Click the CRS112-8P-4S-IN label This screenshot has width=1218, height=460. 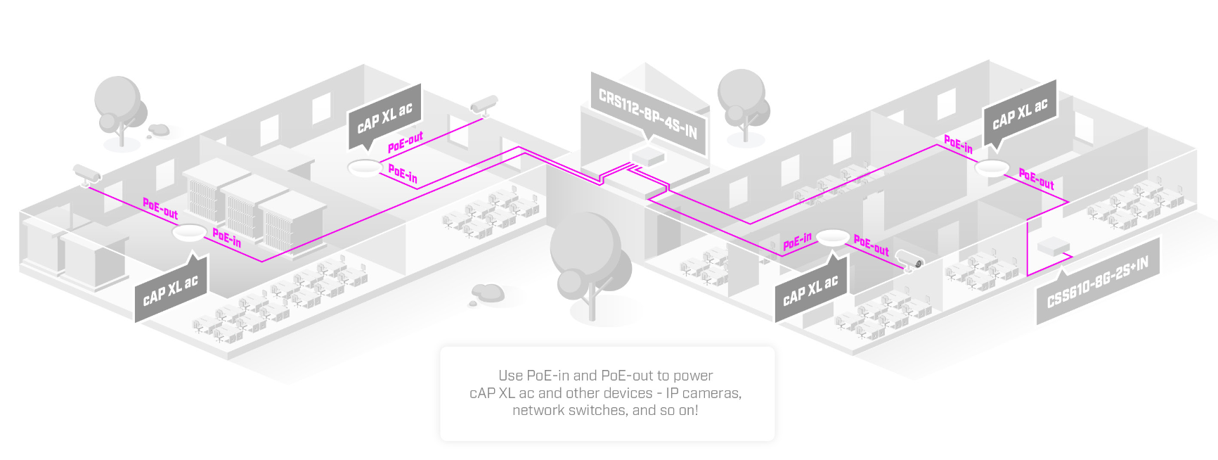click(x=647, y=113)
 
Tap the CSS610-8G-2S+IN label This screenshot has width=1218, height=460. click(x=1097, y=282)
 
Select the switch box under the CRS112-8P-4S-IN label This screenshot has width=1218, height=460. click(x=647, y=156)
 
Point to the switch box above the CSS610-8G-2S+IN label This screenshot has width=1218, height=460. click(x=1053, y=246)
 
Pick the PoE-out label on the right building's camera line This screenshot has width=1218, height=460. click(x=872, y=245)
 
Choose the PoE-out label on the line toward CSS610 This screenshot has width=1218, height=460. click(x=1036, y=179)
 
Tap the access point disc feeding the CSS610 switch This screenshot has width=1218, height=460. click(x=992, y=168)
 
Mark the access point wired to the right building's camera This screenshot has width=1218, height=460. click(x=833, y=238)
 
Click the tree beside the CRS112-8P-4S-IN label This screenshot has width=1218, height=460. click(x=742, y=102)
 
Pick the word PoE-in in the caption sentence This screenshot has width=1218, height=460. click(x=548, y=376)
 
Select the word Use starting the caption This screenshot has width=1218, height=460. click(x=510, y=376)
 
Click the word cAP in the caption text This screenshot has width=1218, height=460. click(x=481, y=393)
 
